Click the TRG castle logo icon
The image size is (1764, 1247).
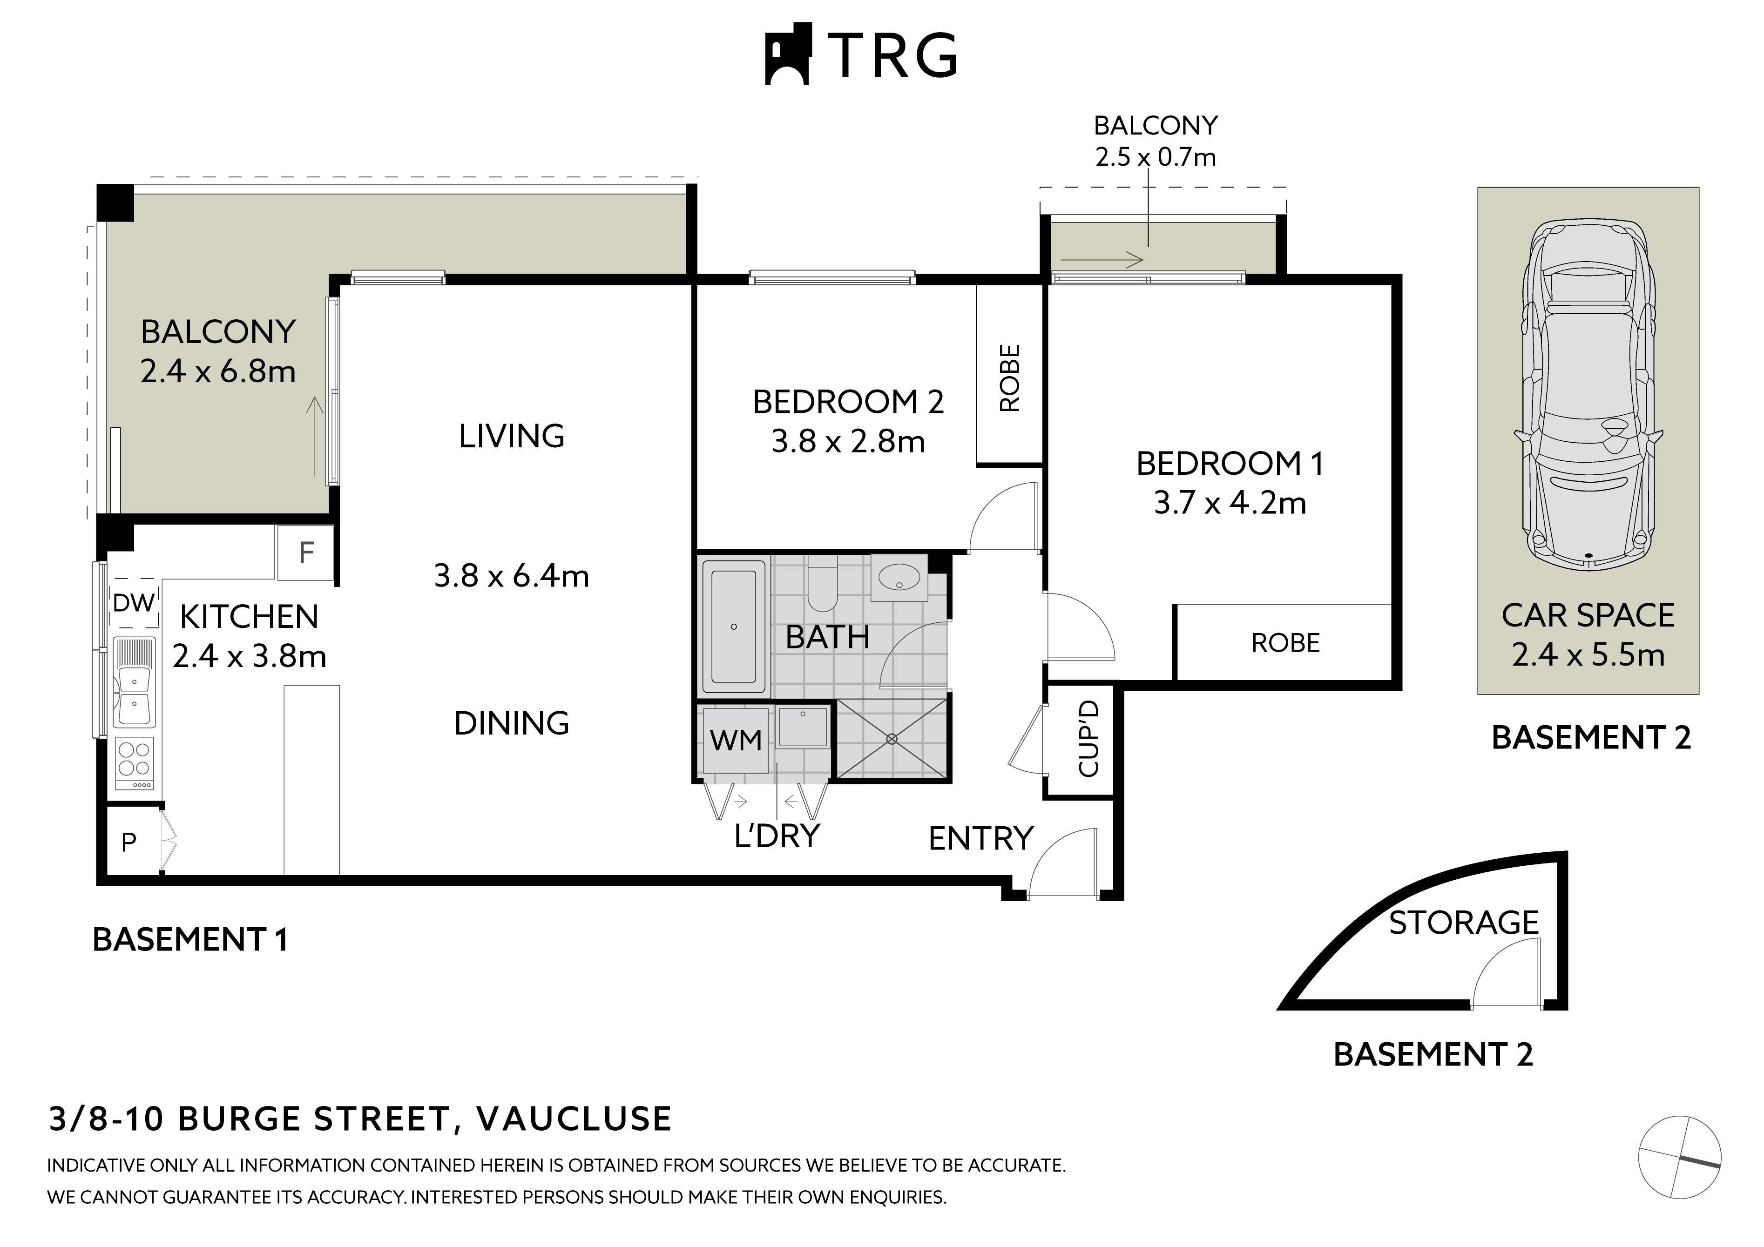coord(788,54)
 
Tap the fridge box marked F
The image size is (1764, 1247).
coord(306,553)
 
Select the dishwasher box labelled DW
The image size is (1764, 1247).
coord(134,603)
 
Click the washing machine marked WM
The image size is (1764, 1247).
coord(735,741)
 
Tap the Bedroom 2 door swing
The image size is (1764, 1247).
coord(1003,516)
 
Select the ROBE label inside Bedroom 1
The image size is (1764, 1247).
coord(1285,643)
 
